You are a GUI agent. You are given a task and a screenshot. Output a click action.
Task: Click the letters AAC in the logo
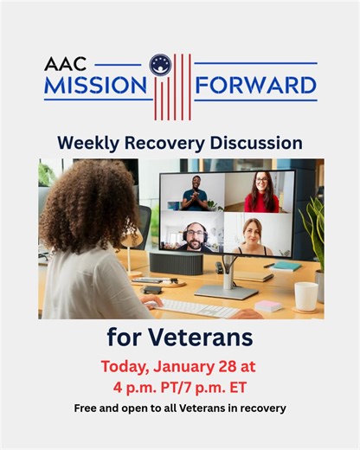[x=66, y=64]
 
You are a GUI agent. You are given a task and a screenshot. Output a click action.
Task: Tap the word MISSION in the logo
[x=94, y=86]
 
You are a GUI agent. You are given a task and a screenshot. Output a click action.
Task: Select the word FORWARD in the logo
[x=255, y=86]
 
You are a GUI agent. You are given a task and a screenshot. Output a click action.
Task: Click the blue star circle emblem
[x=159, y=64]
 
